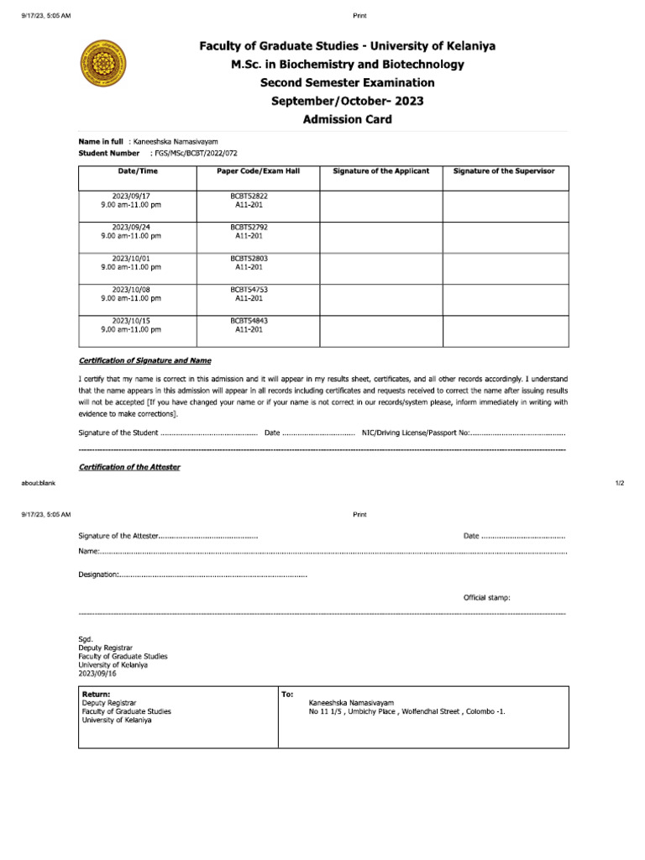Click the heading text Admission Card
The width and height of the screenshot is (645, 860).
click(347, 119)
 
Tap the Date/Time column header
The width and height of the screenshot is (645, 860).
click(137, 170)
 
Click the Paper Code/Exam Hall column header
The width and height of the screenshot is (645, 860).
click(259, 170)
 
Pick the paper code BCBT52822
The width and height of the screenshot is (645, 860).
click(249, 196)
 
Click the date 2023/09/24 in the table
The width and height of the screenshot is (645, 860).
click(131, 227)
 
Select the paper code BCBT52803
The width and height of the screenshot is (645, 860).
click(249, 259)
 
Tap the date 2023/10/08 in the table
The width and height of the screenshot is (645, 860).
click(131, 290)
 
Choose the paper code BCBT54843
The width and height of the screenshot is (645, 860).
click(249, 321)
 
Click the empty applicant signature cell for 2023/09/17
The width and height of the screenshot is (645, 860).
click(380, 206)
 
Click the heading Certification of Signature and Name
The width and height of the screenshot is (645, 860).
click(144, 360)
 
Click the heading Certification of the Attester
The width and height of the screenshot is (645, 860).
click(129, 467)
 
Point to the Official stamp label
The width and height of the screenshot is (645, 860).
click(486, 598)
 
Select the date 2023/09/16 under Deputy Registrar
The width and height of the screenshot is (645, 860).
click(97, 674)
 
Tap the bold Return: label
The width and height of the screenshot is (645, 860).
click(96, 695)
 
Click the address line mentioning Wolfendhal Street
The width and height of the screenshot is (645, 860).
click(407, 711)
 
